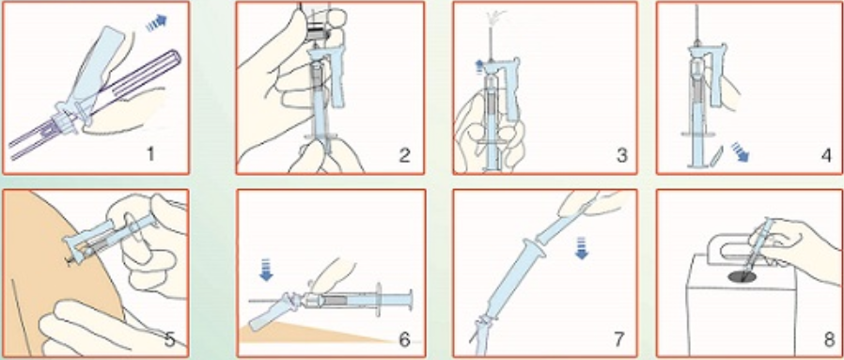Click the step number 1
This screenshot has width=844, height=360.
coord(150,154)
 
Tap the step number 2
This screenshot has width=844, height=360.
coord(404,155)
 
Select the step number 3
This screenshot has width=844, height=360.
coord(621,155)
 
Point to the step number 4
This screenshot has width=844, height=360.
coord(826,155)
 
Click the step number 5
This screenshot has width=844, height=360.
coord(169,340)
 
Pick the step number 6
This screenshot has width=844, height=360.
coord(404,340)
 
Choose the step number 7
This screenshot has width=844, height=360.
coord(618,340)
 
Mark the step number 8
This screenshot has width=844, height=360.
coord(828,340)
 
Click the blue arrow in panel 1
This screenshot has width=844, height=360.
coord(157,23)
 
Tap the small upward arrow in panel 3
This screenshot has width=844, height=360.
coord(479,66)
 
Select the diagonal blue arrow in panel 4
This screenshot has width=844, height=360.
coord(740,151)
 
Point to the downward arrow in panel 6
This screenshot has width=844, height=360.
coord(266,270)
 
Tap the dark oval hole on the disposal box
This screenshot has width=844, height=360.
coord(742,276)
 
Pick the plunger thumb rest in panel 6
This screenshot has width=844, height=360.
coord(412,298)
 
